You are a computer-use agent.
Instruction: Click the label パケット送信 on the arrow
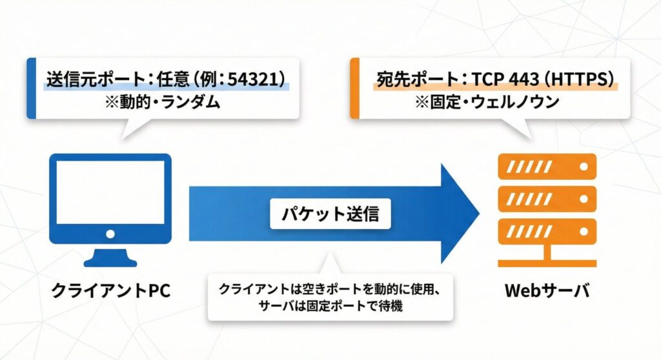[330, 215]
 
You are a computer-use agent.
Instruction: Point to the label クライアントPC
[110, 290]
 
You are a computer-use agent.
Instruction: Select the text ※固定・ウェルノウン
[495, 102]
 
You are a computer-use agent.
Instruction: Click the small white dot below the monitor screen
[110, 234]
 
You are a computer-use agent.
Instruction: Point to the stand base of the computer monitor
[110, 260]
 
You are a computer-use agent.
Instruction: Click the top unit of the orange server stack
[547, 167]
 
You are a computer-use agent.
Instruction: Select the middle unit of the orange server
[547, 198]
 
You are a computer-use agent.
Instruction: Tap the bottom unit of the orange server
[547, 229]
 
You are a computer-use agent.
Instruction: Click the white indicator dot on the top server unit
[584, 167]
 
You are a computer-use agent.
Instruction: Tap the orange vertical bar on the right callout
[354, 88]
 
